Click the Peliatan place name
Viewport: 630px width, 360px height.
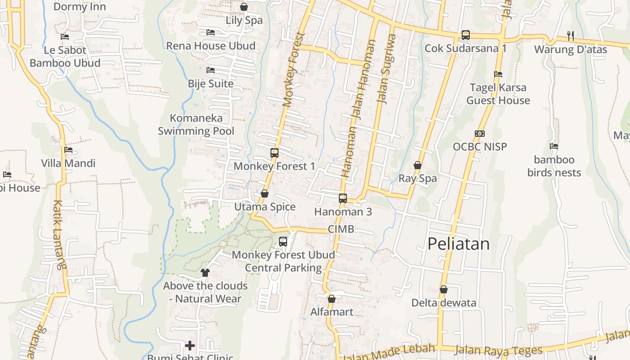[458, 244]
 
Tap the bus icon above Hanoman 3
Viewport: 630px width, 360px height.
[343, 198]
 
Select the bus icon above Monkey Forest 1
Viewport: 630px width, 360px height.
[274, 153]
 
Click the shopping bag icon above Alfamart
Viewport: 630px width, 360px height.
[332, 298]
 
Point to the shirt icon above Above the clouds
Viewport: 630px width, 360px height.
[205, 272]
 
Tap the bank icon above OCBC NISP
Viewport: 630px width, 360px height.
[480, 134]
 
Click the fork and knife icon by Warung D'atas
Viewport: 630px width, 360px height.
[571, 36]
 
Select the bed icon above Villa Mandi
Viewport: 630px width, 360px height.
[68, 150]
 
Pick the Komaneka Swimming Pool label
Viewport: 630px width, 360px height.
[196, 125]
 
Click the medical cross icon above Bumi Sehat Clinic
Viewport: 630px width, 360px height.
[190, 346]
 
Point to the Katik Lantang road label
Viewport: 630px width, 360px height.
[59, 234]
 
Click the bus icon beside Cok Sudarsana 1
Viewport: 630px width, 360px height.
[466, 35]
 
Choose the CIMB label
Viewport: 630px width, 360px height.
[341, 229]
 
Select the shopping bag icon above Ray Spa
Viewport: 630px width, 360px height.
[418, 165]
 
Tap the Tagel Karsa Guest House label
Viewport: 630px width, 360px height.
[498, 94]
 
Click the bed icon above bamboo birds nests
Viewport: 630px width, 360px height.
[554, 146]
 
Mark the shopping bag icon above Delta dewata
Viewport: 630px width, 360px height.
[444, 289]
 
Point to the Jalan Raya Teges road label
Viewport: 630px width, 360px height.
[499, 350]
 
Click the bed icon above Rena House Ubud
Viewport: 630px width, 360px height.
[210, 32]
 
